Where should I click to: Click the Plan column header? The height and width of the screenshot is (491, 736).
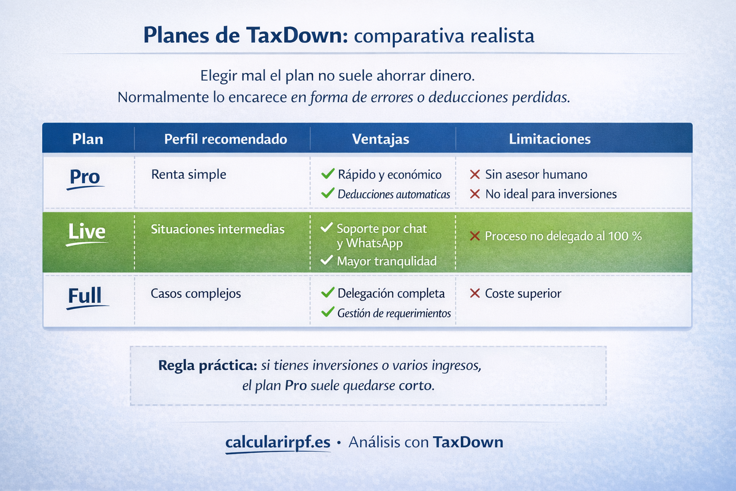coord(88,139)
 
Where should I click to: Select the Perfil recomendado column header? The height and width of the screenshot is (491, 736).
coord(225,139)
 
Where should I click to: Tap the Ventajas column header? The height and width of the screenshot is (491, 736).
coord(380,139)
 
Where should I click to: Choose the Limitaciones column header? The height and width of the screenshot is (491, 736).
coord(550,139)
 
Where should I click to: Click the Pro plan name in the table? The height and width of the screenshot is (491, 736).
coord(85,177)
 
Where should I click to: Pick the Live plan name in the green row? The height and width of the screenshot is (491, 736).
coord(87,232)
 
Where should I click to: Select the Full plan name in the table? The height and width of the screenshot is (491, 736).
coord(85,296)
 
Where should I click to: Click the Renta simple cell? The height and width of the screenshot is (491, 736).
coord(188,174)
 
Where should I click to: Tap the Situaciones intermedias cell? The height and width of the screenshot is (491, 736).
coord(218,229)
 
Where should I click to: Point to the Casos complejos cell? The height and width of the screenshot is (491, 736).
coord(195,293)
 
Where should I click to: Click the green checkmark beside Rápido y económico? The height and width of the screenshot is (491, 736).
coord(328,174)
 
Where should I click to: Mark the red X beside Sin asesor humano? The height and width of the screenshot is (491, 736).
coord(475,175)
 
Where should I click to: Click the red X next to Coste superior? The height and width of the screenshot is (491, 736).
coord(475,293)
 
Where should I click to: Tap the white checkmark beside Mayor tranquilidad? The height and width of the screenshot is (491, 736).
coord(327,260)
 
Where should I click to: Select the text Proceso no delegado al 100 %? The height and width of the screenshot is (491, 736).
coord(563,236)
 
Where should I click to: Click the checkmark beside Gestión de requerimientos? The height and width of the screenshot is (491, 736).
coord(328,312)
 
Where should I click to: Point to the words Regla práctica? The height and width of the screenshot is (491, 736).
coord(207,365)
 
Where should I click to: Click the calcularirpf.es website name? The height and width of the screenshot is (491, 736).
coord(278,442)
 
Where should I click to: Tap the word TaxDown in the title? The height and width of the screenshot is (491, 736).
coord(297,36)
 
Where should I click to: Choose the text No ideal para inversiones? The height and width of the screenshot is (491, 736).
coord(551,194)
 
